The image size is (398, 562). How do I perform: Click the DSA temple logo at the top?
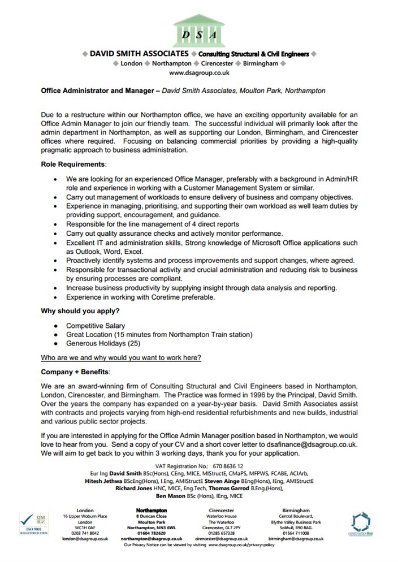[x=198, y=29]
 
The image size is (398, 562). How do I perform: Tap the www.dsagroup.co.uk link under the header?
[x=199, y=72]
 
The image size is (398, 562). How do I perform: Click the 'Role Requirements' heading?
[x=73, y=164]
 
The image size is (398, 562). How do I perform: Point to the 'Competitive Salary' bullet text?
[x=96, y=326]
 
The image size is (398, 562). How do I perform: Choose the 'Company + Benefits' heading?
[x=75, y=372]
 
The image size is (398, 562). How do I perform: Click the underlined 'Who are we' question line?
[x=121, y=357]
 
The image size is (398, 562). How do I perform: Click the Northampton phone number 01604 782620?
[x=152, y=533]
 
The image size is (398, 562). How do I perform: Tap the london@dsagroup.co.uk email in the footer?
[x=85, y=539]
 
